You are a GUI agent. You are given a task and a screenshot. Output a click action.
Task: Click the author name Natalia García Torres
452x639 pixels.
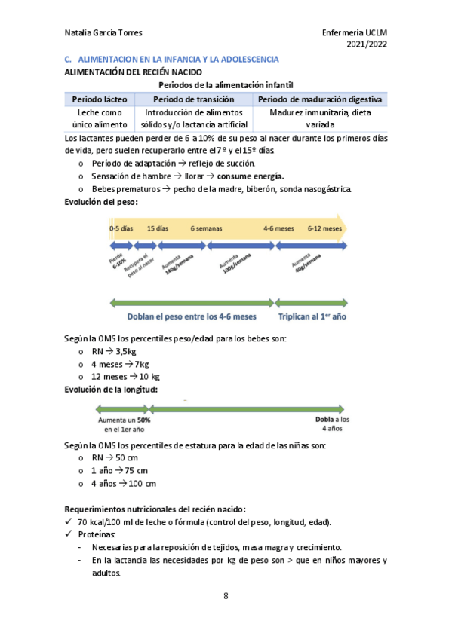(103, 34)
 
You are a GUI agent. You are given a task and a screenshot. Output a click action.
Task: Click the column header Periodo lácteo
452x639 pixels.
(100, 99)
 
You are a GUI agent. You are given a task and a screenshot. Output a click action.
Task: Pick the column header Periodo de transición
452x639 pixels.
(193, 99)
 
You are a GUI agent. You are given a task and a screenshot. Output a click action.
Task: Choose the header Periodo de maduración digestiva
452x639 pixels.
(320, 99)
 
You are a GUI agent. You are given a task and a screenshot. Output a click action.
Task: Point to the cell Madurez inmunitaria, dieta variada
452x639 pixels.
(320, 118)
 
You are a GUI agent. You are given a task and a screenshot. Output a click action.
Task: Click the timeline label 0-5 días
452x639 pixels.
(121, 227)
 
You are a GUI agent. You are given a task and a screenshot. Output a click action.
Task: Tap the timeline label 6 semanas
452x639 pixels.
(206, 227)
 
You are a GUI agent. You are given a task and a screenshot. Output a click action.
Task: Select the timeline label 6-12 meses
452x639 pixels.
(325, 227)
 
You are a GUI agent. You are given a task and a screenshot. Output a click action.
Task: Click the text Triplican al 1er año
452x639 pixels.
(312, 317)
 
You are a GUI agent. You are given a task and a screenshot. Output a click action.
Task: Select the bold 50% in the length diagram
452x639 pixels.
(143, 420)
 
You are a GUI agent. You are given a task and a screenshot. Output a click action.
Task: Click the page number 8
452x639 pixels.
(226, 596)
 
